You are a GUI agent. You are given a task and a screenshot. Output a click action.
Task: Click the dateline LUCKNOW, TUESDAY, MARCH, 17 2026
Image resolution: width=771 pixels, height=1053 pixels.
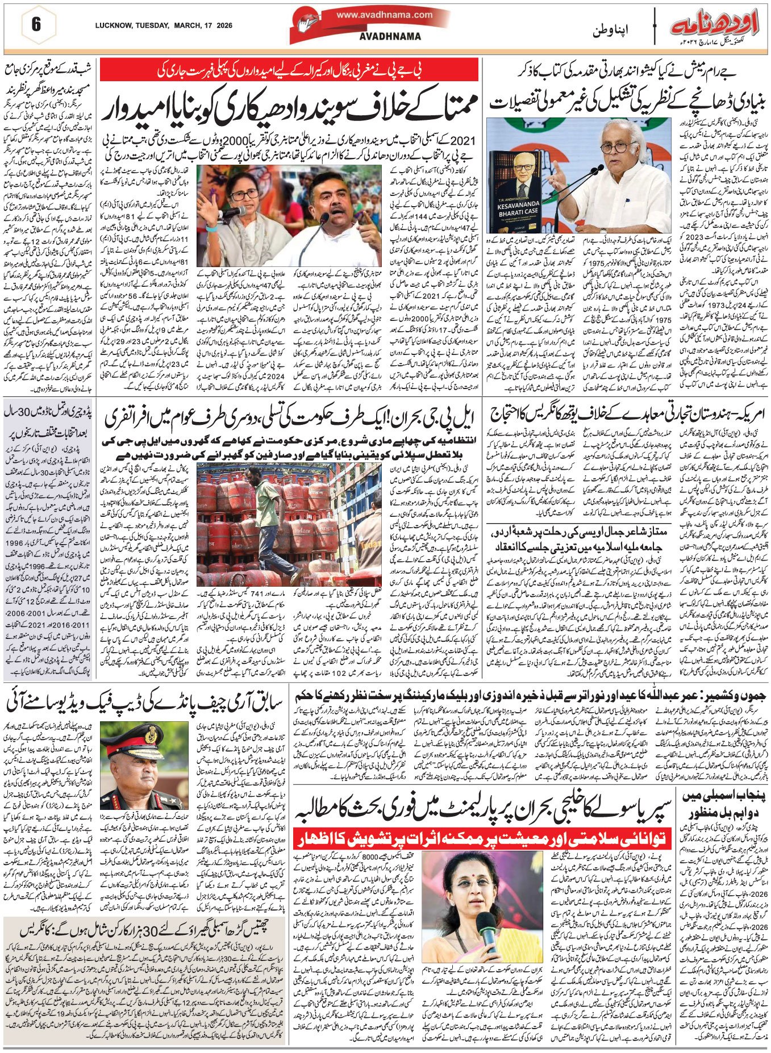tap(164, 26)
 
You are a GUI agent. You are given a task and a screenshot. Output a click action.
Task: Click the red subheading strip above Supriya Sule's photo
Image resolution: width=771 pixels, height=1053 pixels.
tap(482, 837)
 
